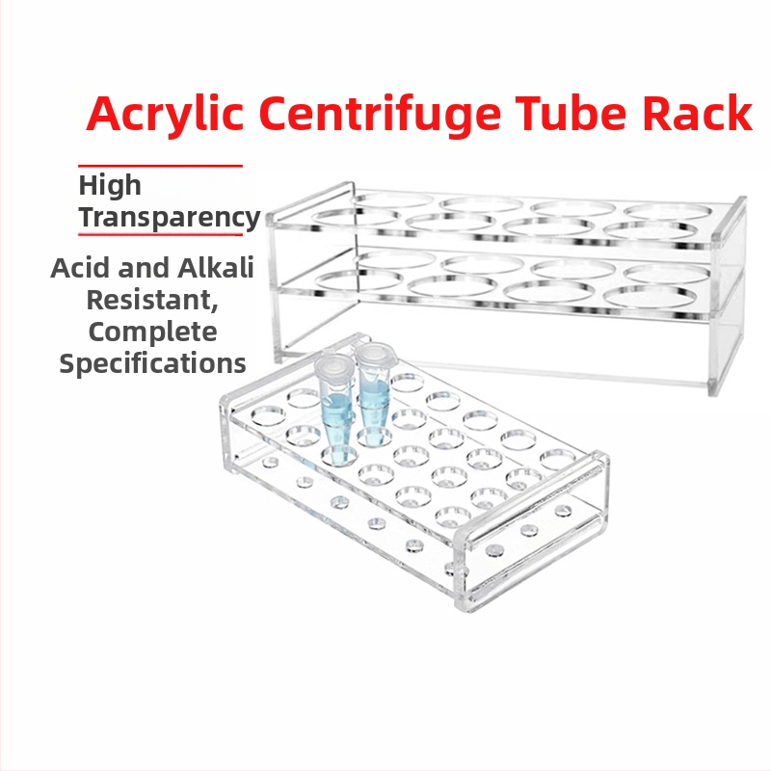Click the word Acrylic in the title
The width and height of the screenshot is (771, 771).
click(x=165, y=114)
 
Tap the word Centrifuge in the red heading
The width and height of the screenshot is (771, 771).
click(x=380, y=115)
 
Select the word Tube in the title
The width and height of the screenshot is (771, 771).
click(x=572, y=113)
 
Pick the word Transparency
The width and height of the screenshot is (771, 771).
click(x=170, y=218)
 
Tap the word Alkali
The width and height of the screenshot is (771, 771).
click(x=215, y=268)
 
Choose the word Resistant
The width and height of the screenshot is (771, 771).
click(x=152, y=300)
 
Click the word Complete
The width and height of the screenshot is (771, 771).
click(x=152, y=332)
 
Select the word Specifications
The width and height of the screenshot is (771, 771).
click(x=152, y=364)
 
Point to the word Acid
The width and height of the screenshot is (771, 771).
click(x=80, y=268)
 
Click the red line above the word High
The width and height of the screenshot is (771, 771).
click(x=160, y=166)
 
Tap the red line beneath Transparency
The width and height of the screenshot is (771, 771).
click(x=160, y=234)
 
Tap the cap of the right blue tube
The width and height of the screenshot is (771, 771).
click(x=373, y=354)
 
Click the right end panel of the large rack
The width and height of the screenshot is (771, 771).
click(x=729, y=296)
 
